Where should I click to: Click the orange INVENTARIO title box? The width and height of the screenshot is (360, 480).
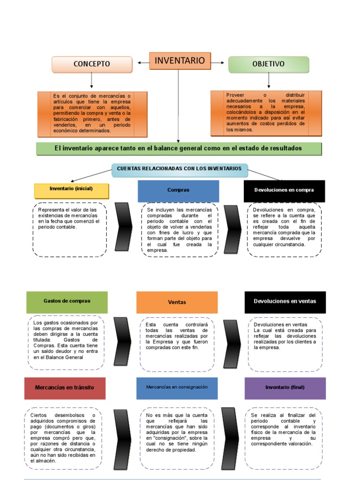point(180,61)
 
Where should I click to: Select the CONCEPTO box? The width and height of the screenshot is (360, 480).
point(92,64)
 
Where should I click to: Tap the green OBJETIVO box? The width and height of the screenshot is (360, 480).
point(269,64)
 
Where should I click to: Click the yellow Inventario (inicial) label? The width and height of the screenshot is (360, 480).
point(71,189)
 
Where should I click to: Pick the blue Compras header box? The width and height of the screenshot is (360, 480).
point(178,191)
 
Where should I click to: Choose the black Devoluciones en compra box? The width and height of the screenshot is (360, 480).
point(284,190)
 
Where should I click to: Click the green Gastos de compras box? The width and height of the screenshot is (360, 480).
point(67,302)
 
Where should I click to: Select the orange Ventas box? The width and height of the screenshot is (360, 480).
point(177,302)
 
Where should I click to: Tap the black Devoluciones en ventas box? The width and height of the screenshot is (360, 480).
point(285,302)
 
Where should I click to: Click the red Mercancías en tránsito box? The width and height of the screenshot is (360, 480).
point(65,388)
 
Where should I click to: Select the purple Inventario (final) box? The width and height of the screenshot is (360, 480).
point(285,388)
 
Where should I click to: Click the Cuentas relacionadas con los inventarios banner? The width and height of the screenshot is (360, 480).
point(179,169)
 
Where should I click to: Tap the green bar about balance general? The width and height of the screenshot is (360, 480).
point(179,149)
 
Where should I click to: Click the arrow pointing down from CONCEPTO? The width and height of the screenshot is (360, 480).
point(91,81)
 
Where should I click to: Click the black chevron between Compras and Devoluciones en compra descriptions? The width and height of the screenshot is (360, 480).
point(232,230)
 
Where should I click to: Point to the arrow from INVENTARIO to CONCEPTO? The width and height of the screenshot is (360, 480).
point(143,62)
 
